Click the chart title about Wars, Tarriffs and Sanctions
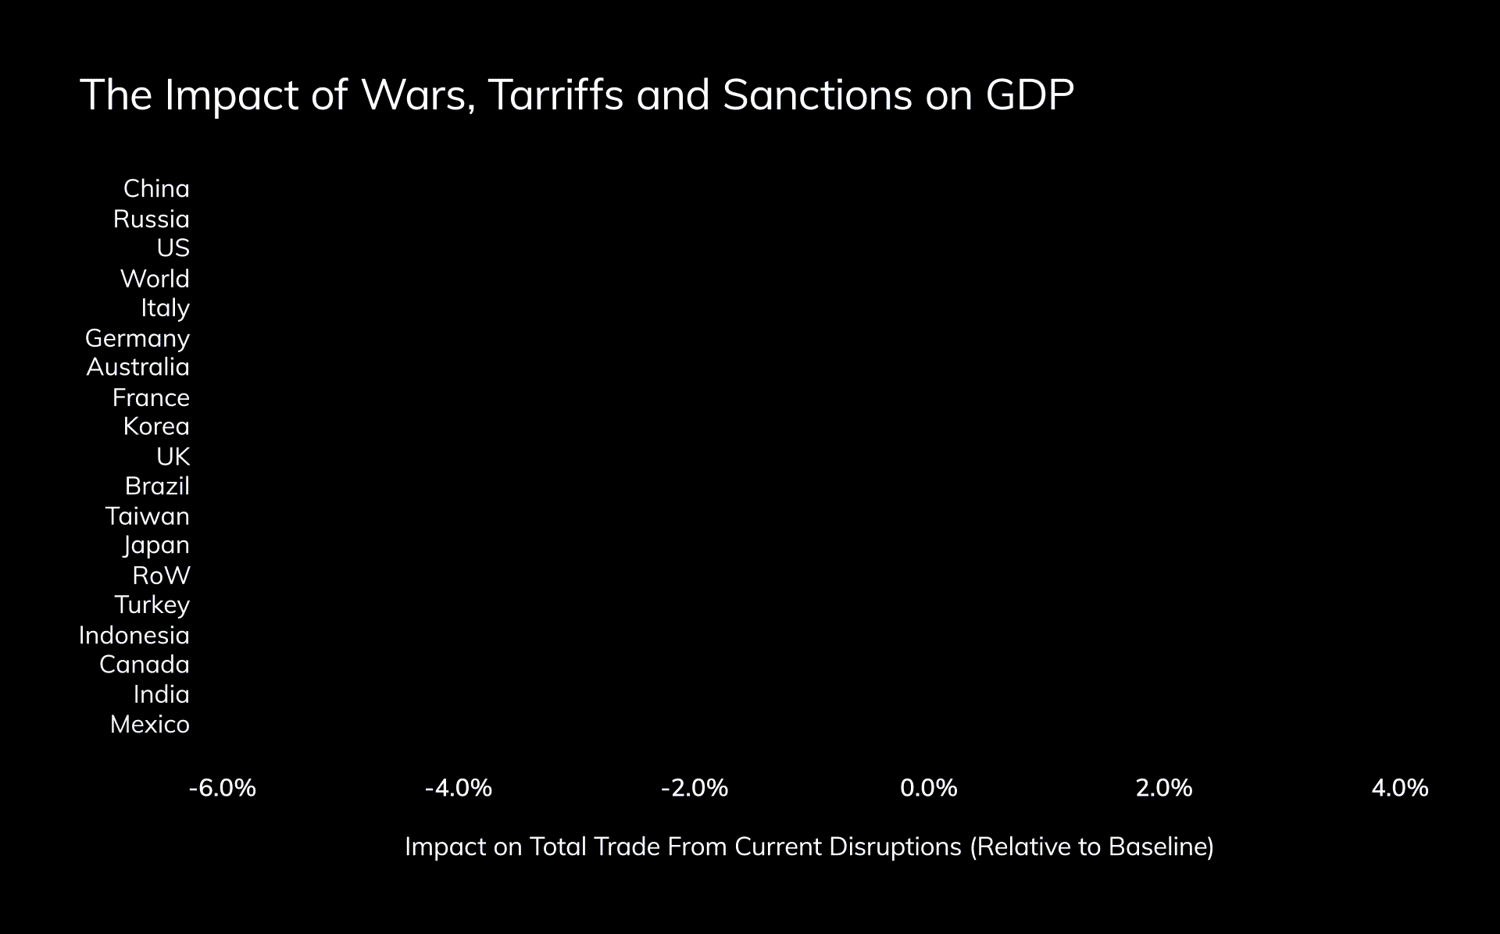click(x=577, y=95)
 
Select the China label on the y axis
click(x=156, y=189)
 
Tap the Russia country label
click(x=151, y=219)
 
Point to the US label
click(x=173, y=248)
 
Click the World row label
click(x=155, y=278)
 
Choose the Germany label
click(x=137, y=338)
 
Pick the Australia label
click(x=137, y=367)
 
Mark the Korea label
click(x=156, y=426)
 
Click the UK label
click(x=173, y=456)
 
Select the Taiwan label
click(x=147, y=516)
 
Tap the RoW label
click(x=161, y=576)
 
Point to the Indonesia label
click(x=134, y=635)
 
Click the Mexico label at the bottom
click(x=149, y=725)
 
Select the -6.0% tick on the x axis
click(x=223, y=788)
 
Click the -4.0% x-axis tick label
click(x=459, y=788)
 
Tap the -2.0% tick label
click(x=695, y=788)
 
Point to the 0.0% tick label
click(x=929, y=788)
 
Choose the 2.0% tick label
click(x=1164, y=788)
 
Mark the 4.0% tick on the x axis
click(x=1400, y=788)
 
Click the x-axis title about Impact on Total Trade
click(x=809, y=847)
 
